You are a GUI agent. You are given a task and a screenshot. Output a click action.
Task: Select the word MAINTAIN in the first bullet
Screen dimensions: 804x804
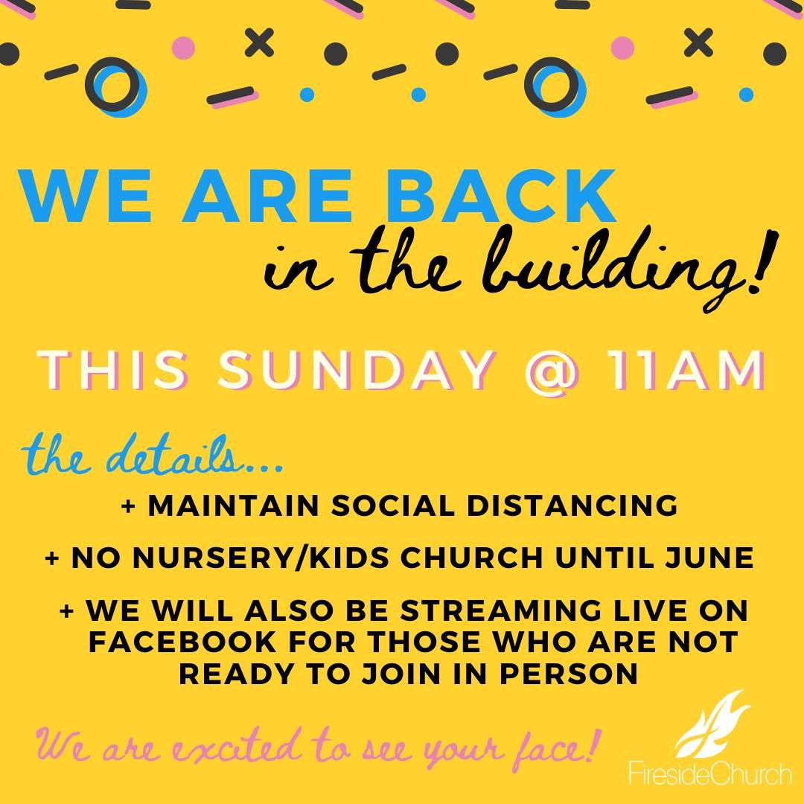click(x=234, y=505)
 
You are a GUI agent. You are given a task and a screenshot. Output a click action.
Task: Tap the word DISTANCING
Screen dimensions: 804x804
click(x=572, y=505)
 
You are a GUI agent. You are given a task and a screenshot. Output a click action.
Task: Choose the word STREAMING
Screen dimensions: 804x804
click(x=501, y=610)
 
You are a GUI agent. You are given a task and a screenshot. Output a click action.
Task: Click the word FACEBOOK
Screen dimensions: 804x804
click(x=182, y=642)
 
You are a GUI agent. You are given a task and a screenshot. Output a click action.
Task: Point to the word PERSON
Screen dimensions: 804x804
click(x=569, y=674)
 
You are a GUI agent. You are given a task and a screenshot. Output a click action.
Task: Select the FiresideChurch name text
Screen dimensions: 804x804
click(x=710, y=773)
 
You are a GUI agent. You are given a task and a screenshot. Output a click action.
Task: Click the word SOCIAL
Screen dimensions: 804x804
click(x=393, y=505)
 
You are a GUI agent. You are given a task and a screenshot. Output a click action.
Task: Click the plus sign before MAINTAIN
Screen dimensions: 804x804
click(x=129, y=507)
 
